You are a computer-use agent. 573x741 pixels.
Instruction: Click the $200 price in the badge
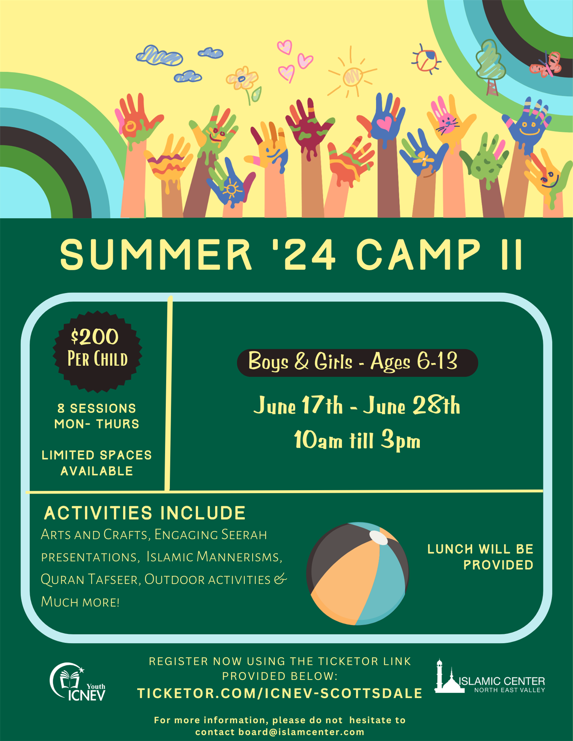click(x=95, y=336)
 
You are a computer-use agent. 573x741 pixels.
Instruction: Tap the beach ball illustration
click(x=358, y=573)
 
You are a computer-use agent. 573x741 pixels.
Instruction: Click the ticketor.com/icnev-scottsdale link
click(x=280, y=693)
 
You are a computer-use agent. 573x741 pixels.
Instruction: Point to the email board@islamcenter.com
click(x=301, y=732)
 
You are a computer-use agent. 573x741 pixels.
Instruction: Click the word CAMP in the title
click(x=418, y=254)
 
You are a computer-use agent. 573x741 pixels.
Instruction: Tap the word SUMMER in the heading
click(x=156, y=254)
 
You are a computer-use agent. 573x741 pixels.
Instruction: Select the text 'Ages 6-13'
click(x=414, y=361)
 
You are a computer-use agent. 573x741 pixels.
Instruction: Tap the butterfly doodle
click(x=546, y=65)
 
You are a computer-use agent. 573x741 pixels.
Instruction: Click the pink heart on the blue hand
click(x=384, y=123)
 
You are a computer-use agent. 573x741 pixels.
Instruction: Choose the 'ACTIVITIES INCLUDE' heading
click(x=145, y=513)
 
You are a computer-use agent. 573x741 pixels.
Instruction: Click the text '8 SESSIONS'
click(x=97, y=408)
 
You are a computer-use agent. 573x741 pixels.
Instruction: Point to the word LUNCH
click(x=450, y=549)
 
